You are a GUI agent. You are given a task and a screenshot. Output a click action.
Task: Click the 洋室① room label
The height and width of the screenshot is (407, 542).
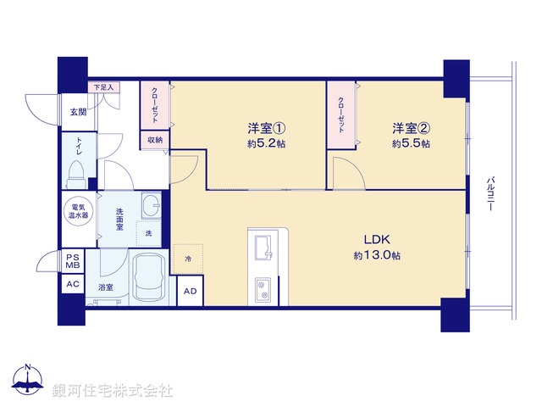[266, 129]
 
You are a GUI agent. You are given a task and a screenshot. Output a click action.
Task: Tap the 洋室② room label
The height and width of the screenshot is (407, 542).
[411, 129]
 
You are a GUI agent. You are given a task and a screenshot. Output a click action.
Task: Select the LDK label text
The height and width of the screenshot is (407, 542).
[377, 239]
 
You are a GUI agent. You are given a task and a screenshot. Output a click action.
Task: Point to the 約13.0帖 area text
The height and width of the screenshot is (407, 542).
[377, 255]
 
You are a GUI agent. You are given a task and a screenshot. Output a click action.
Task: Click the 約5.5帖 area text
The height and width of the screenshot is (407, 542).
[411, 145]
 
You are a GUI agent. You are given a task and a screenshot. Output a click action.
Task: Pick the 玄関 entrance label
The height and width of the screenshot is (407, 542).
[78, 112]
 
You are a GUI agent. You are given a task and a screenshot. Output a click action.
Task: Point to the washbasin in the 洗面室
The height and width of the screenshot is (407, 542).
[152, 207]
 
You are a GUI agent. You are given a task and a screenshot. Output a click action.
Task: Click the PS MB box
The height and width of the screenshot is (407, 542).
[72, 260]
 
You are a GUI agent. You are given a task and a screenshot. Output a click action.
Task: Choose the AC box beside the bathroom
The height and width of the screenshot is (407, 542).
[72, 284]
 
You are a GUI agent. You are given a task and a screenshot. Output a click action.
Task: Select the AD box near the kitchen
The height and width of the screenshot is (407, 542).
[190, 292]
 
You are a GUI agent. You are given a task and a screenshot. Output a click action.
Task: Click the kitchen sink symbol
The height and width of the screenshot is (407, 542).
[262, 247]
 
